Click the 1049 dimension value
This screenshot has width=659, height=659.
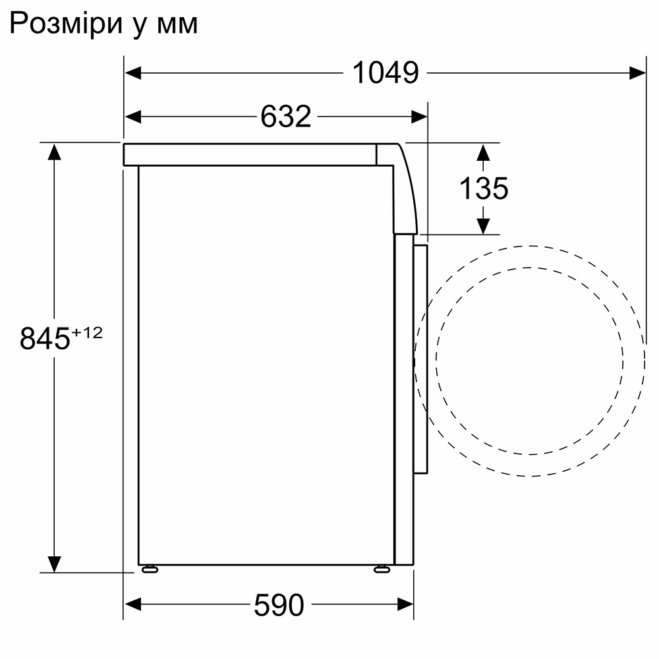[x=386, y=72]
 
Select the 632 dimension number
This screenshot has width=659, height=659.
[x=285, y=117]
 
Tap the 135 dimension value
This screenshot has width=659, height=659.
[x=483, y=189]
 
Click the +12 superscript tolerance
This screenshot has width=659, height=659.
[x=88, y=333]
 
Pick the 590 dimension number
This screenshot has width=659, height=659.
[x=279, y=605]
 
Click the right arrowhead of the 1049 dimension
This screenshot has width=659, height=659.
[x=637, y=72]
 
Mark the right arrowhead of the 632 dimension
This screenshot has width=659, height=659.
[x=420, y=117]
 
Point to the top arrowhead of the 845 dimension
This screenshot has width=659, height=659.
[x=54, y=152]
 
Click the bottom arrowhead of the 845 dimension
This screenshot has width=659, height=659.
[x=54, y=564]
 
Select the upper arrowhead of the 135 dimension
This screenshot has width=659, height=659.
[x=483, y=152]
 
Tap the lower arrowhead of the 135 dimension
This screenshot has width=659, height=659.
[x=483, y=225]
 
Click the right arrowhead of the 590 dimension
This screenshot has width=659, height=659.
[x=405, y=604]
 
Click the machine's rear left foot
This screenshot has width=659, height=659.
[x=149, y=569]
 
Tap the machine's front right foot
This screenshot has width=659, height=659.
[x=381, y=569]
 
